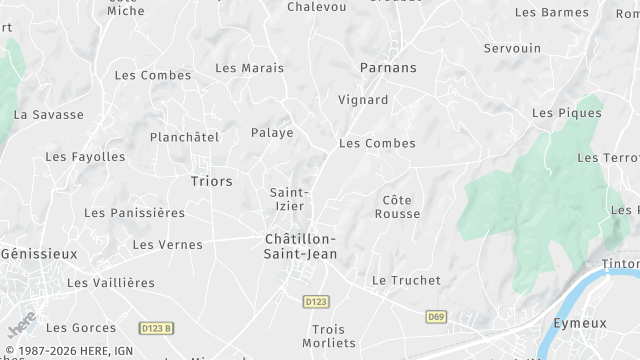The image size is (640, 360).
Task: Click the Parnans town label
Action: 388,68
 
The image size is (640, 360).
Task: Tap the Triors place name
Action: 211,181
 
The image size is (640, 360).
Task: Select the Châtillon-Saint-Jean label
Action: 300,246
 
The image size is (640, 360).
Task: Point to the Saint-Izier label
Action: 289,198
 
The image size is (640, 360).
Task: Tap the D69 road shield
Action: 435,317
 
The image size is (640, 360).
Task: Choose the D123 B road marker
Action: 157,328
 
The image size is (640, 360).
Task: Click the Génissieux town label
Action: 38,254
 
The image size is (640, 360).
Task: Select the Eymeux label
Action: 581,323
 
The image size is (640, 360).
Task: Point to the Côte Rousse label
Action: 397,207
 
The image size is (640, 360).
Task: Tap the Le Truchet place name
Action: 406,281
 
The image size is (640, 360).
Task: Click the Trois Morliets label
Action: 334,336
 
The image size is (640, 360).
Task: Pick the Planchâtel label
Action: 184,137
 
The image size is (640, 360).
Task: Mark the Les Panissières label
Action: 135,213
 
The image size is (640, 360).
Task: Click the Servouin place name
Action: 512,48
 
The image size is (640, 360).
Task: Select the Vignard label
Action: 363,100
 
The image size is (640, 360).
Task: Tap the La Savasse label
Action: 49,115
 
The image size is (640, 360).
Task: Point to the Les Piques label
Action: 567,113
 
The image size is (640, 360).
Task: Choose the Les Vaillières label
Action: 111,283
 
